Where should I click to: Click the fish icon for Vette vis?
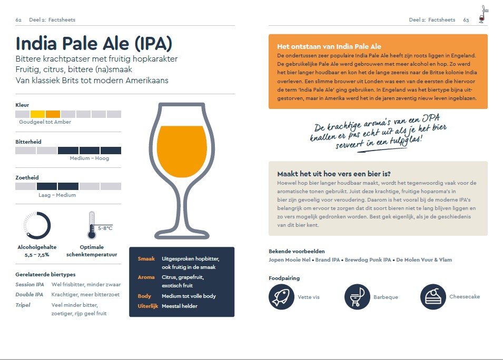pos(281,296)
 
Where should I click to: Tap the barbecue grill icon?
pos(357,296)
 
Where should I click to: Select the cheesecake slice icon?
pos(433,296)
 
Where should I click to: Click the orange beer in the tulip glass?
pos(182,153)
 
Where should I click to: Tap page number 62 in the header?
pos(18,20)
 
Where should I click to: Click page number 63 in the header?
pos(466,20)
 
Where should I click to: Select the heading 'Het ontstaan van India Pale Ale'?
pos(329,47)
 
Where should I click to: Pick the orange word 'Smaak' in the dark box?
pos(146,259)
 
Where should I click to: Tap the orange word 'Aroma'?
pos(146,277)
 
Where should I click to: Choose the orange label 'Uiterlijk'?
pos(147,306)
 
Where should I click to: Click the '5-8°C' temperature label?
pos(105,228)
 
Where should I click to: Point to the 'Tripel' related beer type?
pos(23,305)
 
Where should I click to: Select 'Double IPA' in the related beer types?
pos(29,295)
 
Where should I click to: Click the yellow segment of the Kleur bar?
pos(37,114)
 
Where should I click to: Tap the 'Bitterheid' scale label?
pos(28,142)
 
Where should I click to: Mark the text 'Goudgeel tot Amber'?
pos(45,122)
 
